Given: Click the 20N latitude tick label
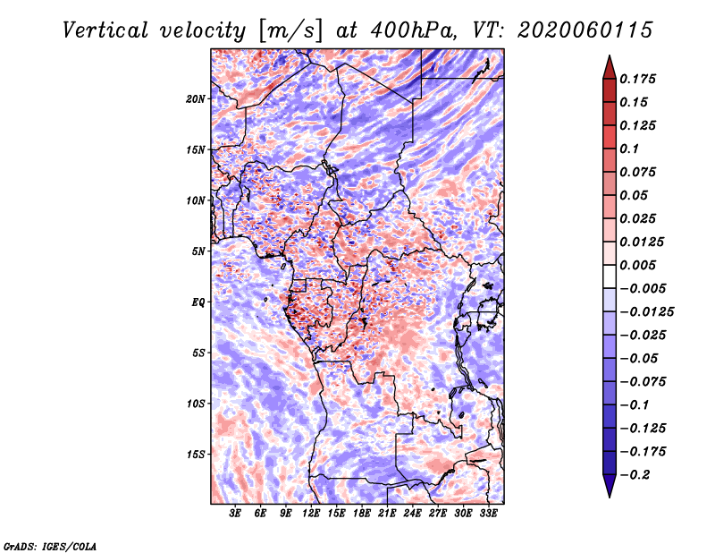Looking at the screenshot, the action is coord(196,99).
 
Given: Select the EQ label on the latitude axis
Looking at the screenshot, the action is coord(198,302).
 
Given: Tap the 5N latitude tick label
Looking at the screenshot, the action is coord(198,251).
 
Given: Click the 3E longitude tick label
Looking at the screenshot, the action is coord(235,513).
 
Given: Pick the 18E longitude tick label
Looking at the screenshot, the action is coord(361,513).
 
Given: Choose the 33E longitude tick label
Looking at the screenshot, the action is coord(488,513).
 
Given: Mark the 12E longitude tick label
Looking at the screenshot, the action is coord(310,513).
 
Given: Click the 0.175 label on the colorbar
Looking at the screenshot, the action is coord(637,79).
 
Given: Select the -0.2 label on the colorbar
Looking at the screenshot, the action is coord(635,475).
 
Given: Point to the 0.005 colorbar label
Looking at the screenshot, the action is coord(637,265).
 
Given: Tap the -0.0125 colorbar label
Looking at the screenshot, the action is coord(646,312).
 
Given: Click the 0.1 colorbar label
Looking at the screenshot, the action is coord(629,149).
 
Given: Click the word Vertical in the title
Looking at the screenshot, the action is coord(105,30).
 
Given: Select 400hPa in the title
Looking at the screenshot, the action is coord(414,30).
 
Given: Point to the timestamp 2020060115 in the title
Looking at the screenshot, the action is coord(585,30).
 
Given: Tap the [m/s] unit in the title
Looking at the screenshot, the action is coord(290,31).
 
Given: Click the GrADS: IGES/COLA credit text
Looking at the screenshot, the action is coord(50,546).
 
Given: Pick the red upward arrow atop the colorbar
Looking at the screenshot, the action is coord(610,67).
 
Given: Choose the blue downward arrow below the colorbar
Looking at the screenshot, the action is coord(610,486).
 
